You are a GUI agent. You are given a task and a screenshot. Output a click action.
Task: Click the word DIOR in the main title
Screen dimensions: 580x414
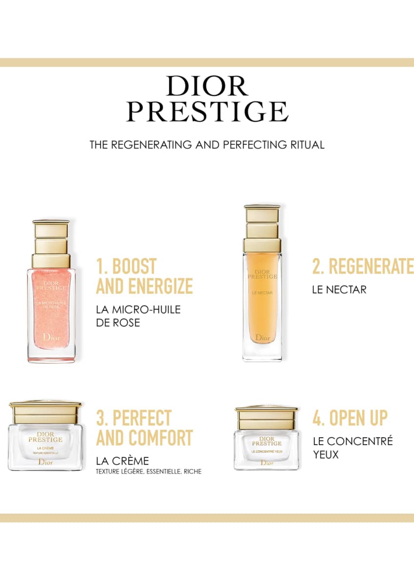click(x=207, y=86)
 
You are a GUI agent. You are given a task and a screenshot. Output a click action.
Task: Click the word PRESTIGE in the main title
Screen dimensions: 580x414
click(x=207, y=111)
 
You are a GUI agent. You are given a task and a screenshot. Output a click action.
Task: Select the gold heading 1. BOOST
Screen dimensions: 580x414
click(x=126, y=267)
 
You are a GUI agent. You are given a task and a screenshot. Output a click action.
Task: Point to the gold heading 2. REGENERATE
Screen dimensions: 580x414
click(x=362, y=267)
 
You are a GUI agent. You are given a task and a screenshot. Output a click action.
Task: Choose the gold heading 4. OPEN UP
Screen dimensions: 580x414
click(x=350, y=418)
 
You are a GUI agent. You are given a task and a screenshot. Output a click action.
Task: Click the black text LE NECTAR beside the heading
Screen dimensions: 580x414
click(x=339, y=290)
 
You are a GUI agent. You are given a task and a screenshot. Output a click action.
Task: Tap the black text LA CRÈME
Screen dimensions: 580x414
click(x=123, y=461)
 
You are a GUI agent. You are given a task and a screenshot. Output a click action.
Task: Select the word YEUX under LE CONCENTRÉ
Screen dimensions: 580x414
click(x=326, y=454)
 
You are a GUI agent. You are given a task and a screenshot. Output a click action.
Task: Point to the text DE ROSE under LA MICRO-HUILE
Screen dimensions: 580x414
click(x=118, y=322)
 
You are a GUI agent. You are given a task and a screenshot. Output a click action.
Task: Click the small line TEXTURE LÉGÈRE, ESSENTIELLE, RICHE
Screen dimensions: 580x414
click(x=149, y=472)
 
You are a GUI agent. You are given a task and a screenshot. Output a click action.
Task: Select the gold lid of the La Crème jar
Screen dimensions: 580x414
click(x=45, y=413)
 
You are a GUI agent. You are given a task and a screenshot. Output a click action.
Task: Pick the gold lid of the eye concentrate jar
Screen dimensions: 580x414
click(x=267, y=415)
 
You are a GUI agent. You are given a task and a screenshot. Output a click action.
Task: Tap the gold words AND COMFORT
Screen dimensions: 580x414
click(x=145, y=438)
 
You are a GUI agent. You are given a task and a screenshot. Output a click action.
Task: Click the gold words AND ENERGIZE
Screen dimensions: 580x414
click(x=145, y=286)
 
